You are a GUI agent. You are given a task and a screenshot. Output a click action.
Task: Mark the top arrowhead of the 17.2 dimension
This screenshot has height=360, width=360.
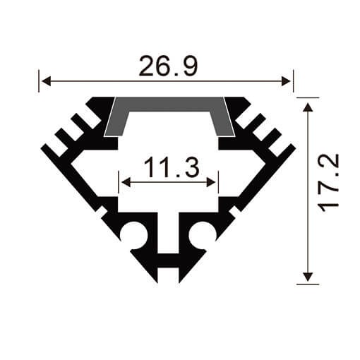(308, 106)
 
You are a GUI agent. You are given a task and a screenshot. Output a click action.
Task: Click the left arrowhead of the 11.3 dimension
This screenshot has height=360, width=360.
(126, 182)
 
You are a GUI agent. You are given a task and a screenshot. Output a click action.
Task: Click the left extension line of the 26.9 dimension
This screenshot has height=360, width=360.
(39, 81)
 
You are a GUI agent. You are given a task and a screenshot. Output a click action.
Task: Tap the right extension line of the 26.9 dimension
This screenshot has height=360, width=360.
(292, 81)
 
